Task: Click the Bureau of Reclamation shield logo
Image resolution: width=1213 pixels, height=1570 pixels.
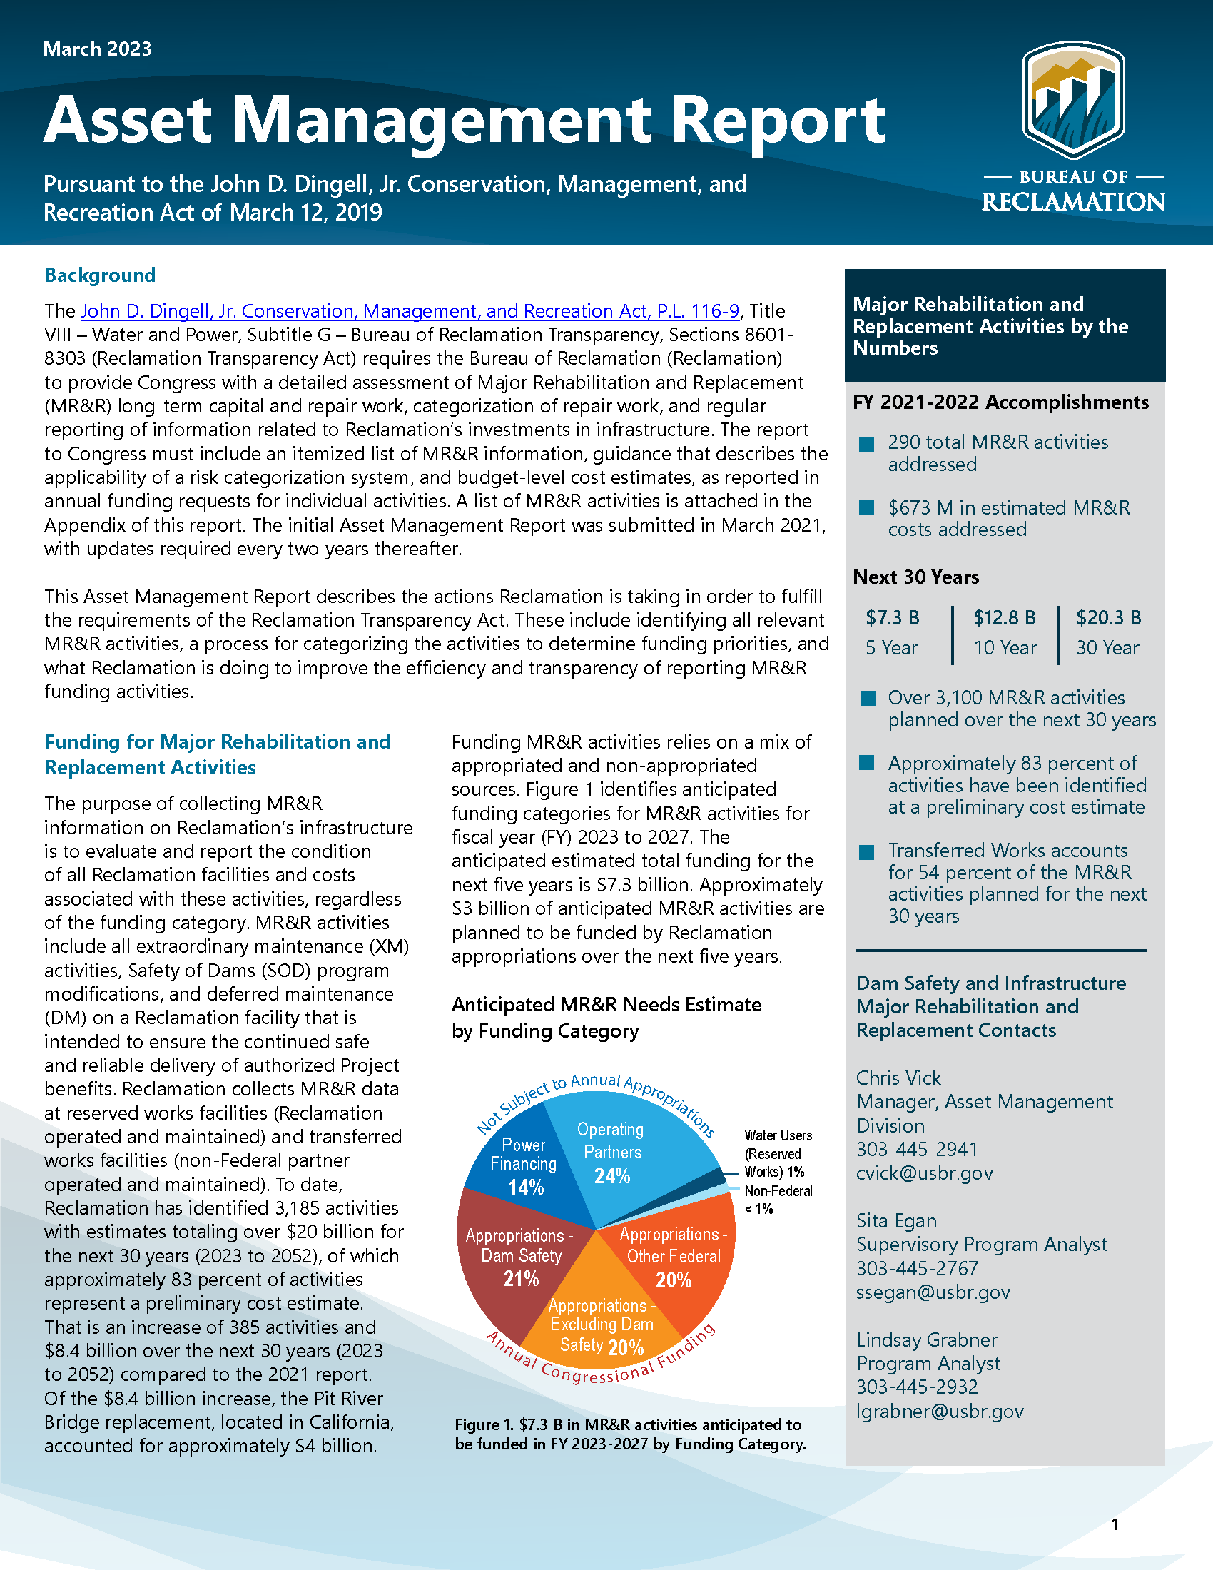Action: click(x=1074, y=100)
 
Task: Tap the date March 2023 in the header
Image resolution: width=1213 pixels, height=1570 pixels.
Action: click(x=98, y=49)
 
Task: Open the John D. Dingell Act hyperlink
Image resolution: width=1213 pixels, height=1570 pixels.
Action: click(x=410, y=311)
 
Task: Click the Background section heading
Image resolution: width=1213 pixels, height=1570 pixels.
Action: click(x=100, y=275)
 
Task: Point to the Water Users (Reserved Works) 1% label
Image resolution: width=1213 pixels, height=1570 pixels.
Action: click(x=778, y=1153)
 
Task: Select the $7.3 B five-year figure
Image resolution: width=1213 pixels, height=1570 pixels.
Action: click(x=893, y=617)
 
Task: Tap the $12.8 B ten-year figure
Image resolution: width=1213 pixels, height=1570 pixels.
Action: click(x=1005, y=617)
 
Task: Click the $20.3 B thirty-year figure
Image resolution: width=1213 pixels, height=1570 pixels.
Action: click(x=1108, y=617)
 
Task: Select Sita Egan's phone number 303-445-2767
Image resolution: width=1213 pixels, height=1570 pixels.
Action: click(x=917, y=1268)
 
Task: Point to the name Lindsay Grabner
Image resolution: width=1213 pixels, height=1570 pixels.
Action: click(x=927, y=1339)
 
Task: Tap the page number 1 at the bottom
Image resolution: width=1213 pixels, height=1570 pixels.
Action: click(x=1115, y=1525)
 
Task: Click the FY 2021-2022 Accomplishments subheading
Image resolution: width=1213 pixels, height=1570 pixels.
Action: click(x=1000, y=402)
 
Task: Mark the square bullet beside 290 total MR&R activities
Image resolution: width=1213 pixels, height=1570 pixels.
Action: click(x=867, y=444)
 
